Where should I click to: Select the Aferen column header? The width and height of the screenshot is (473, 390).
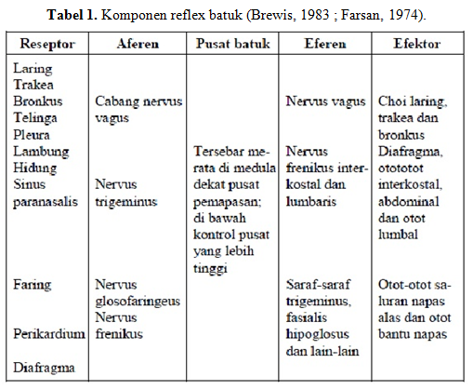point(138,43)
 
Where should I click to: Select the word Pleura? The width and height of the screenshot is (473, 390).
point(33,133)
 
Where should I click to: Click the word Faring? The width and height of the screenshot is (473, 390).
point(33,284)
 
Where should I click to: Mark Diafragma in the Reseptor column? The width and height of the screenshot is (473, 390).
point(45,368)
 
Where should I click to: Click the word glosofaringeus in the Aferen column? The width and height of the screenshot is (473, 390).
point(137,301)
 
